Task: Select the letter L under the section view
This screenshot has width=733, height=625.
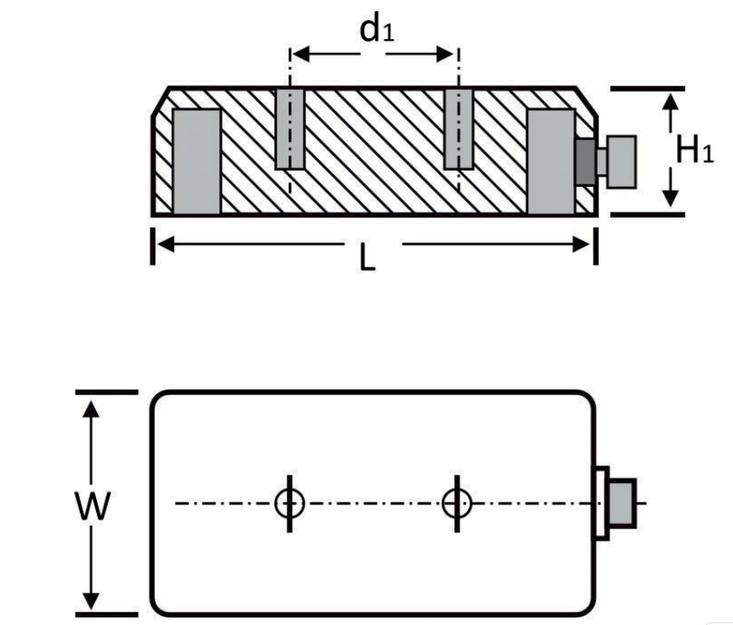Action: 366,258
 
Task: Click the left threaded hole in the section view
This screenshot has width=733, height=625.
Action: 290,128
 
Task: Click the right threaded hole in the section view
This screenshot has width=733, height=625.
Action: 458,128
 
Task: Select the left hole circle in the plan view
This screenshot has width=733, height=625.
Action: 289,503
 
